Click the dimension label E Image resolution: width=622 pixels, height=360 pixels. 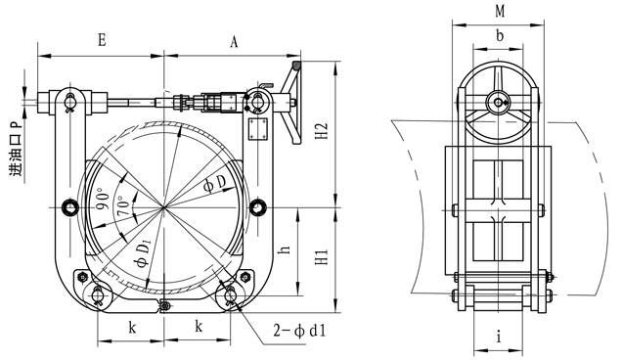tap(102, 40)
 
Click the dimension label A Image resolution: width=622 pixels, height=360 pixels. tap(234, 41)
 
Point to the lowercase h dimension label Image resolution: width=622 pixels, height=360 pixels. tap(286, 249)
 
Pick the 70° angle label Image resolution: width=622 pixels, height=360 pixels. tap(123, 206)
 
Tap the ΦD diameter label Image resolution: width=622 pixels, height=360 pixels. tap(214, 183)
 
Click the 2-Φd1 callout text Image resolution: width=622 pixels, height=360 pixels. tap(299, 331)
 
